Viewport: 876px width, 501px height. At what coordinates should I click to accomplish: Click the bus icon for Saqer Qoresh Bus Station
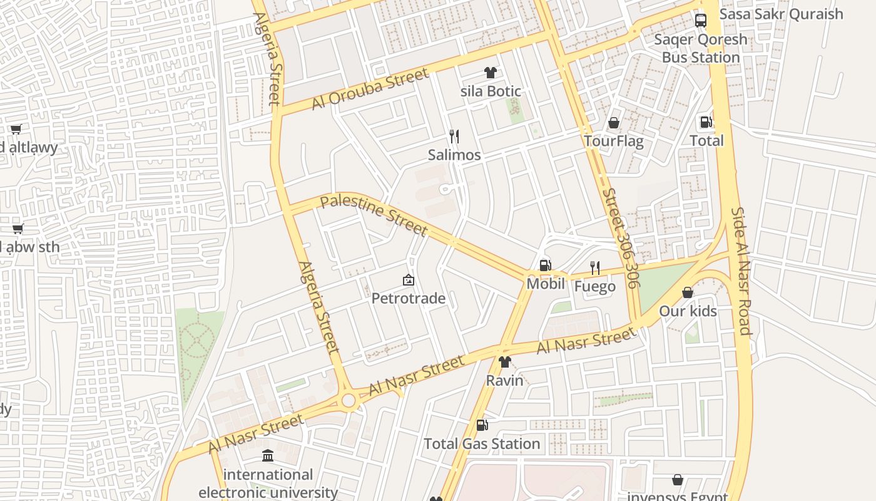(x=700, y=20)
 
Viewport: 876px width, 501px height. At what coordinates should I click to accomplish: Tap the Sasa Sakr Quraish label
(x=781, y=14)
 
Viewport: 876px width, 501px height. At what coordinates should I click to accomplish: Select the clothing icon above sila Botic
(x=491, y=73)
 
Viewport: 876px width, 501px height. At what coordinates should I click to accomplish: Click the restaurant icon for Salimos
(x=454, y=136)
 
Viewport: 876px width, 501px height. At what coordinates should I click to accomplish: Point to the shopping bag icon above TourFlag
(x=614, y=123)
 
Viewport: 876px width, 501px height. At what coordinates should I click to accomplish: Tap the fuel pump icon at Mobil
(x=545, y=266)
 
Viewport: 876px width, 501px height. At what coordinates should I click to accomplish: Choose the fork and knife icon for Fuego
(x=595, y=268)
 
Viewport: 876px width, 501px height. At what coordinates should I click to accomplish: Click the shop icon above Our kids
(x=688, y=292)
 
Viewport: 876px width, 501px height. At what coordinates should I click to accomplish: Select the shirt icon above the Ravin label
(x=504, y=361)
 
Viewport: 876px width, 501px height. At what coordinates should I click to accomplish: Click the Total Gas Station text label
(x=482, y=443)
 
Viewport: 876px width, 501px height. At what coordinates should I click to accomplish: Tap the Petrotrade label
(x=408, y=298)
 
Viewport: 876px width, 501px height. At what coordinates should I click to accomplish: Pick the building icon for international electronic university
(x=268, y=455)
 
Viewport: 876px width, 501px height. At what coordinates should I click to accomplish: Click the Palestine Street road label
(x=374, y=216)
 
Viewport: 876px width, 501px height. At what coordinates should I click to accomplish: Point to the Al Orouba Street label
(x=370, y=88)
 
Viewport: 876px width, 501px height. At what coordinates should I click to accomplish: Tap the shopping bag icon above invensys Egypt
(x=677, y=480)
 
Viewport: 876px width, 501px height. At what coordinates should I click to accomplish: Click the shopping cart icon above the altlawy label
(x=16, y=129)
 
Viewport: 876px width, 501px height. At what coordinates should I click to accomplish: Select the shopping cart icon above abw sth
(x=18, y=229)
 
